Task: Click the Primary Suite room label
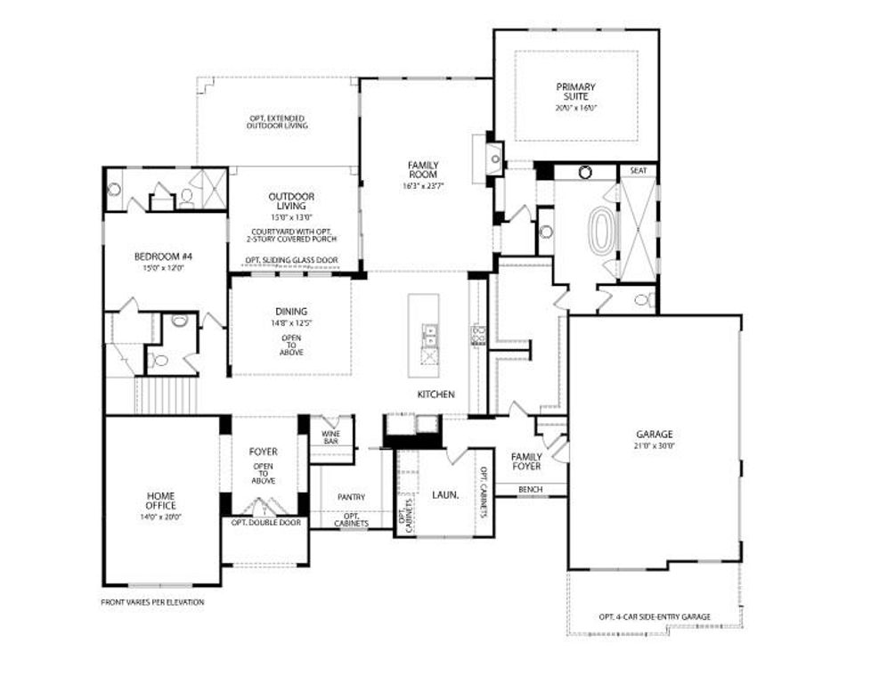coord(576,92)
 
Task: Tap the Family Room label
coord(424,169)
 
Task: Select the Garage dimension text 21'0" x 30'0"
coord(654,445)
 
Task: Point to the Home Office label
coord(160,501)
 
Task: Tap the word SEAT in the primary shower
coord(638,169)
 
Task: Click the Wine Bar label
coord(330,436)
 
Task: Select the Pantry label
coord(353,497)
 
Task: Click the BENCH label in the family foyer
coord(531,490)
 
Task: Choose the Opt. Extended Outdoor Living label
coord(277,122)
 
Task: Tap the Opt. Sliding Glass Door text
coord(292,261)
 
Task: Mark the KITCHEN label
coord(436,394)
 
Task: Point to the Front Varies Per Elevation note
coord(152,602)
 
